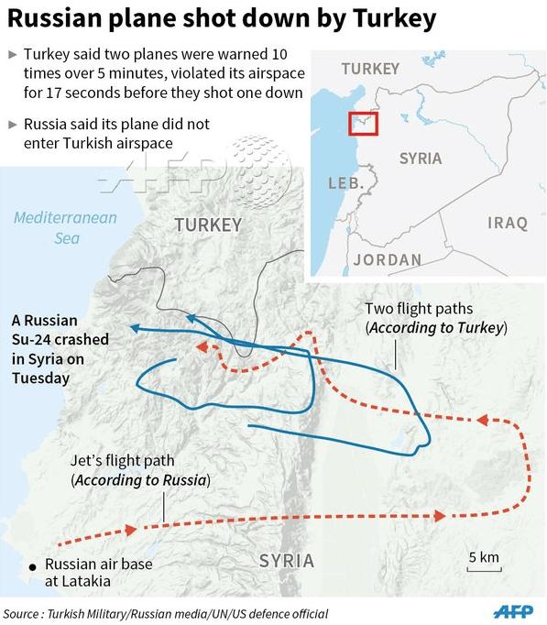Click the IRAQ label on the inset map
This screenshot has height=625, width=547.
[508, 223]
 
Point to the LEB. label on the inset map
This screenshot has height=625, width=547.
[345, 183]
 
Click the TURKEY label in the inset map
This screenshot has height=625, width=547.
[370, 69]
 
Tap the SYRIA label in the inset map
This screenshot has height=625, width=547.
[421, 159]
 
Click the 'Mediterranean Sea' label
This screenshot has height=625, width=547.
[66, 227]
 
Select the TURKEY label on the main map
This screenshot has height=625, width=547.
[208, 225]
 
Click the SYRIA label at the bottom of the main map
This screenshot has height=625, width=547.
[286, 560]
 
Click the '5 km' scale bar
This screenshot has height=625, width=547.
[483, 563]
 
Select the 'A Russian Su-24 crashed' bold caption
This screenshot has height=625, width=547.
[60, 348]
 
